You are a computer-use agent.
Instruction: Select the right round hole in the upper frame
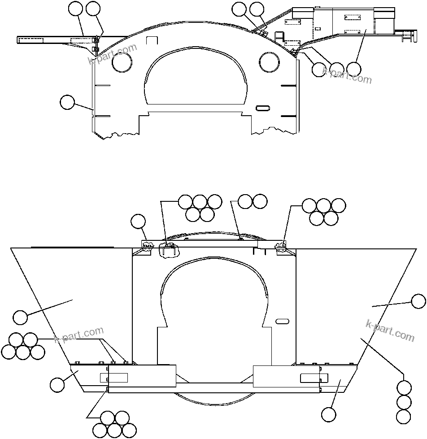click(x=271, y=62)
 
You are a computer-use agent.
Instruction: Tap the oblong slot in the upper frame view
click(x=262, y=108)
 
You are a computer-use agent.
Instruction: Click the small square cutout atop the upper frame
click(x=152, y=40)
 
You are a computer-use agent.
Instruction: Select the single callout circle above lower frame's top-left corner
click(x=138, y=221)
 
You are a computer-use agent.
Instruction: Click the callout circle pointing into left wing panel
click(x=20, y=317)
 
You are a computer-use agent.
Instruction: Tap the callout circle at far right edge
click(x=418, y=301)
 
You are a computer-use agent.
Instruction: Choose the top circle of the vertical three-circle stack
click(x=404, y=387)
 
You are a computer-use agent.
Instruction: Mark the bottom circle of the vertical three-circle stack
click(x=404, y=416)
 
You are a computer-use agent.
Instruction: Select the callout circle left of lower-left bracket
click(x=57, y=384)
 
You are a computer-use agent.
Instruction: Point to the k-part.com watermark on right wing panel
click(x=390, y=330)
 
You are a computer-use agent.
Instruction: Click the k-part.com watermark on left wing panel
click(x=79, y=336)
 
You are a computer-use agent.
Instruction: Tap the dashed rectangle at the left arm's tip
click(x=30, y=40)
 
